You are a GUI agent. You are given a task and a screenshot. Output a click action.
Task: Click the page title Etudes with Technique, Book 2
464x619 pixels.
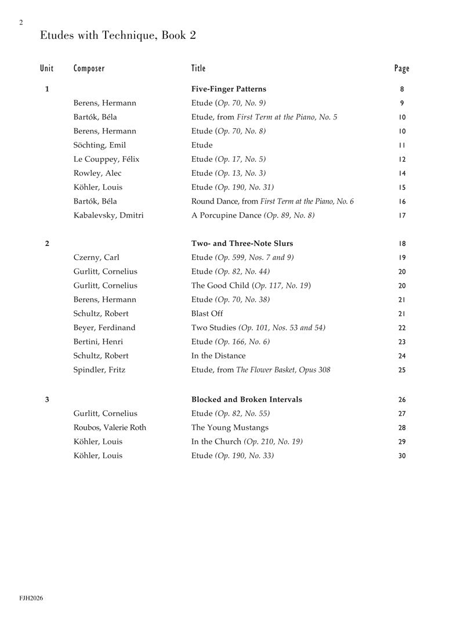[x=118, y=35]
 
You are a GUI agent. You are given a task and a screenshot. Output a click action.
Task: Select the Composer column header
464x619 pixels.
[x=89, y=68]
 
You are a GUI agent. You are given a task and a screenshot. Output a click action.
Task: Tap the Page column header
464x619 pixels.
[x=401, y=68]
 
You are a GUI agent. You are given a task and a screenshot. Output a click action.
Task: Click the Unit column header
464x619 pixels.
[x=47, y=68]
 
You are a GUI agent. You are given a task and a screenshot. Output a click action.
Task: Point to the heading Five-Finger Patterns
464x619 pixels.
[x=229, y=89]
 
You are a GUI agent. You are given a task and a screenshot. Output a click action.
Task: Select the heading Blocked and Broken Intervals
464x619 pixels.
[x=246, y=400]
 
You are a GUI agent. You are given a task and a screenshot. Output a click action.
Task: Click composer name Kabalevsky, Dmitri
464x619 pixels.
[x=108, y=215]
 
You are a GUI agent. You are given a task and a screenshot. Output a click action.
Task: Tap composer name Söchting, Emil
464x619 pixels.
[x=100, y=145]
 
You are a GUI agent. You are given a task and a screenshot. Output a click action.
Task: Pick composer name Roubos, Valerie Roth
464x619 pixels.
[x=110, y=428]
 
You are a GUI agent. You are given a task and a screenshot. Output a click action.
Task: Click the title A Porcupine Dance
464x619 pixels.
[x=227, y=215]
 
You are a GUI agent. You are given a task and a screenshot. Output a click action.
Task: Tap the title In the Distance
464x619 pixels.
[x=218, y=356]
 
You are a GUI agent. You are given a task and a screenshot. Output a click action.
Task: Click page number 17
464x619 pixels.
[x=402, y=216]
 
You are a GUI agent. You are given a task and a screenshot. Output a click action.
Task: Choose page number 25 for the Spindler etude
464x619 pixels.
[x=402, y=370]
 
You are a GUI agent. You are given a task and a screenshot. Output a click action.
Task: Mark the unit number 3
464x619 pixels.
[x=47, y=400]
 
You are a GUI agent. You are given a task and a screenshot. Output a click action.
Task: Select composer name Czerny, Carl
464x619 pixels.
[x=96, y=258]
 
